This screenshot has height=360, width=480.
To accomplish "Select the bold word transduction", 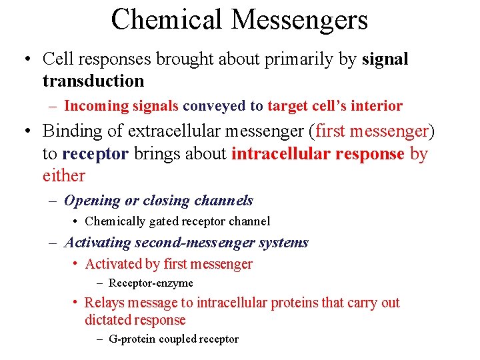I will (93, 81).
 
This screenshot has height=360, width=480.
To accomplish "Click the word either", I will (63, 176).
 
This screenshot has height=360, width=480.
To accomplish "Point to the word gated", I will (163, 221).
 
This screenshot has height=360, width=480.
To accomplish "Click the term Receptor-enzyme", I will (151, 283).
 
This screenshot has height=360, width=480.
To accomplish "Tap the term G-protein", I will (132, 339).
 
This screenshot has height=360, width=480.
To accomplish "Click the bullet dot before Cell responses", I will (25, 59).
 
